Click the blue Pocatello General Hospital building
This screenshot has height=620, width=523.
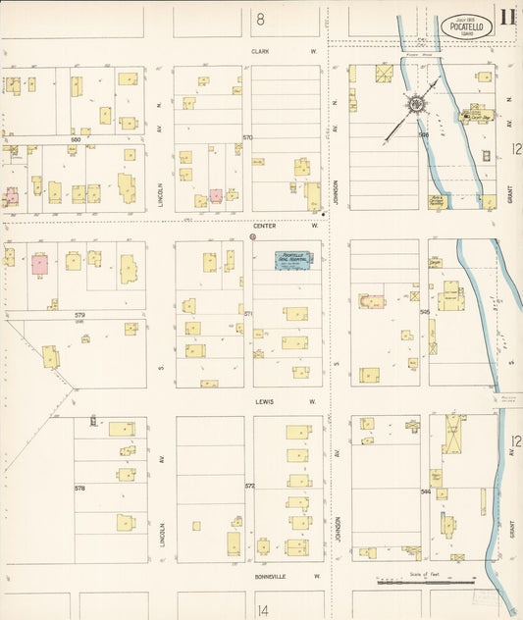click(x=294, y=260)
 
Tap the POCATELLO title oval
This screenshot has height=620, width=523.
click(x=466, y=27)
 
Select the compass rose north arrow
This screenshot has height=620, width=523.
click(x=416, y=103)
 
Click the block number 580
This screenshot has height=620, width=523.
click(x=75, y=139)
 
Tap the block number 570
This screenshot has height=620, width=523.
click(x=248, y=137)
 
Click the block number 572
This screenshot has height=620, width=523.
click(x=249, y=486)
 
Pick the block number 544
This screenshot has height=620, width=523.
click(x=425, y=491)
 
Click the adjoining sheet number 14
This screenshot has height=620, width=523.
click(x=262, y=610)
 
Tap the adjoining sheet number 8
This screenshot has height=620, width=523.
click(x=261, y=19)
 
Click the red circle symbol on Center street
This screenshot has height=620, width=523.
click(x=253, y=236)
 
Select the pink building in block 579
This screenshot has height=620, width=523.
click(x=39, y=263)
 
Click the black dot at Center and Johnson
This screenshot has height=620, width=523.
click(x=323, y=212)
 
